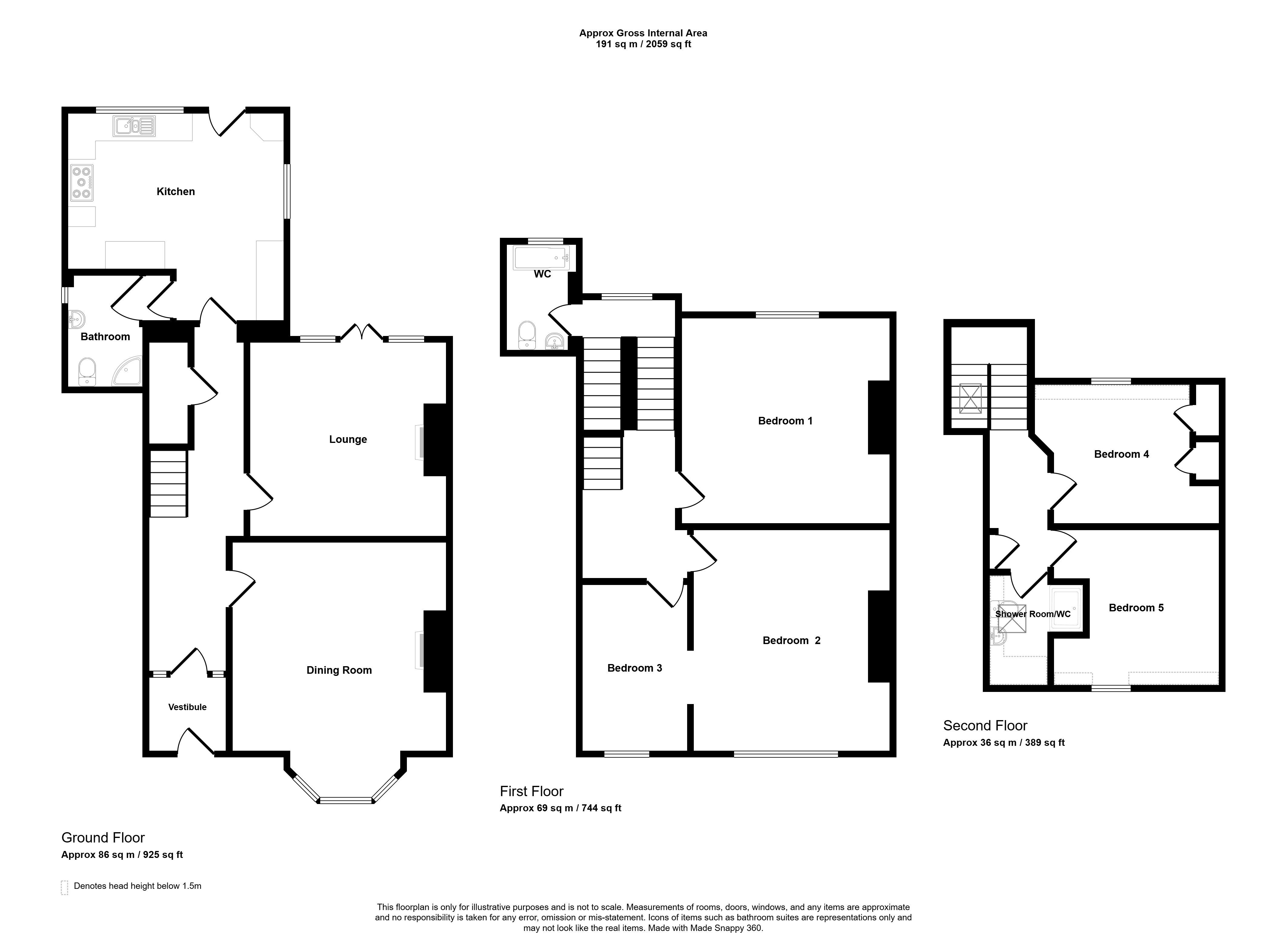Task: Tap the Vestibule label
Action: click(188, 707)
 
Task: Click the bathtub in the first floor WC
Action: click(542, 258)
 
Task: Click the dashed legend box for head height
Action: click(64, 887)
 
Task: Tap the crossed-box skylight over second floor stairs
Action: click(970, 398)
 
